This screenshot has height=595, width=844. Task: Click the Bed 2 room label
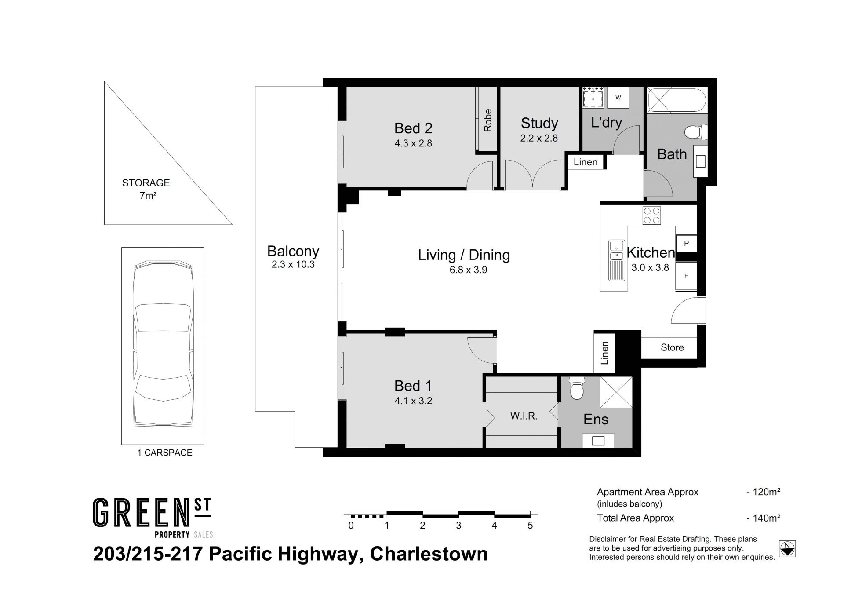413,128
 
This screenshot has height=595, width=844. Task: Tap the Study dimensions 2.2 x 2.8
539,138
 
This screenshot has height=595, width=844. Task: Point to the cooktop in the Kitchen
651,215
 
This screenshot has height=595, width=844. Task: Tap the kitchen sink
616,260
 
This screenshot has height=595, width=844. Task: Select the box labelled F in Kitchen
686,276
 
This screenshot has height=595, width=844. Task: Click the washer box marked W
618,98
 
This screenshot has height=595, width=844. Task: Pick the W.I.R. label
524,416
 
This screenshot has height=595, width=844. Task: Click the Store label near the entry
672,347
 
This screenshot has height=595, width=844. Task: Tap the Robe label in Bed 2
487,120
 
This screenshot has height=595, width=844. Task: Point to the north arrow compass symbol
787,549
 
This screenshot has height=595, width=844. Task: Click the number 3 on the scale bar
458,525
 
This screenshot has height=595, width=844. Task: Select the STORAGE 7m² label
146,189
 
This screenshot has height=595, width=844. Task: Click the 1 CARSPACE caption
165,453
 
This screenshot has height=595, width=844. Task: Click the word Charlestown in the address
429,554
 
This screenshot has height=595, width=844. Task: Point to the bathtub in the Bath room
677,101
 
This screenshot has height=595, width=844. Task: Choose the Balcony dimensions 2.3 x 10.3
293,265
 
